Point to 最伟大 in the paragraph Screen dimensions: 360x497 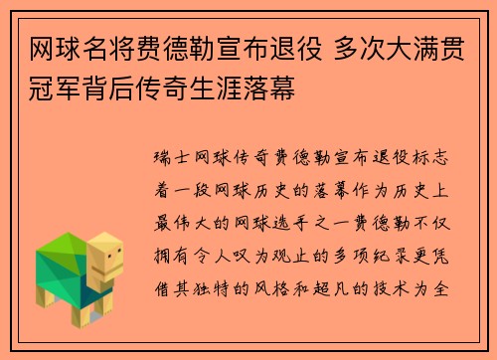click(183, 211)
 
